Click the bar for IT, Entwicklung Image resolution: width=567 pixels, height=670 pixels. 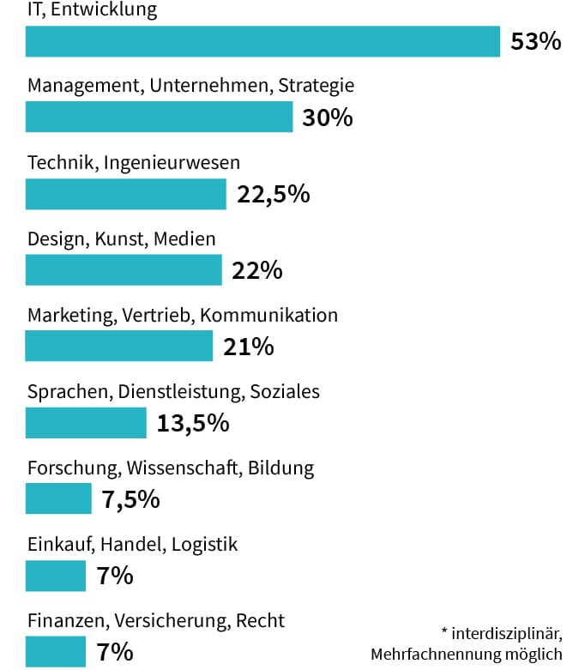click(262, 41)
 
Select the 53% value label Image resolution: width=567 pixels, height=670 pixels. click(534, 42)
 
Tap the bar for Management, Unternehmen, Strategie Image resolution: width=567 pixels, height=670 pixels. click(159, 118)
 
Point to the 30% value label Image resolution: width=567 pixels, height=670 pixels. click(328, 118)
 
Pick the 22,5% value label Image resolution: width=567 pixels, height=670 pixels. click(273, 194)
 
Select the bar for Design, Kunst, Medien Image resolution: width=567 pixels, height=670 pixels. click(124, 270)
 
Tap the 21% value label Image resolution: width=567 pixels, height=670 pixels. click(248, 347)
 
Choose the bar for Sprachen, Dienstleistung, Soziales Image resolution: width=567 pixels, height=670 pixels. click(86, 423)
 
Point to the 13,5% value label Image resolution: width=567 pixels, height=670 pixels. click(193, 423)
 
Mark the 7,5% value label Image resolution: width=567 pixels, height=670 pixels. click(130, 499)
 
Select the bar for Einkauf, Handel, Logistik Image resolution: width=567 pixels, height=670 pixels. click(56, 576)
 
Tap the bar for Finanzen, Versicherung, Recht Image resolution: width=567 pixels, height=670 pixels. click(56, 652)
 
